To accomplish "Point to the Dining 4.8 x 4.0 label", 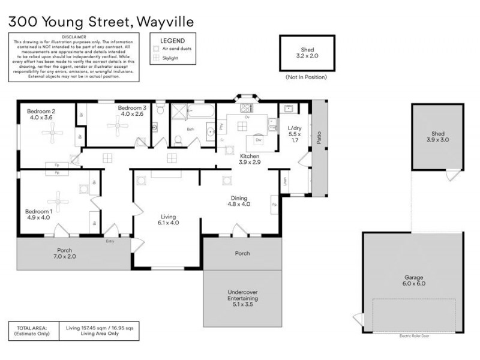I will pos(239,200).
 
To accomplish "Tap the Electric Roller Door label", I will pos(414,336).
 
